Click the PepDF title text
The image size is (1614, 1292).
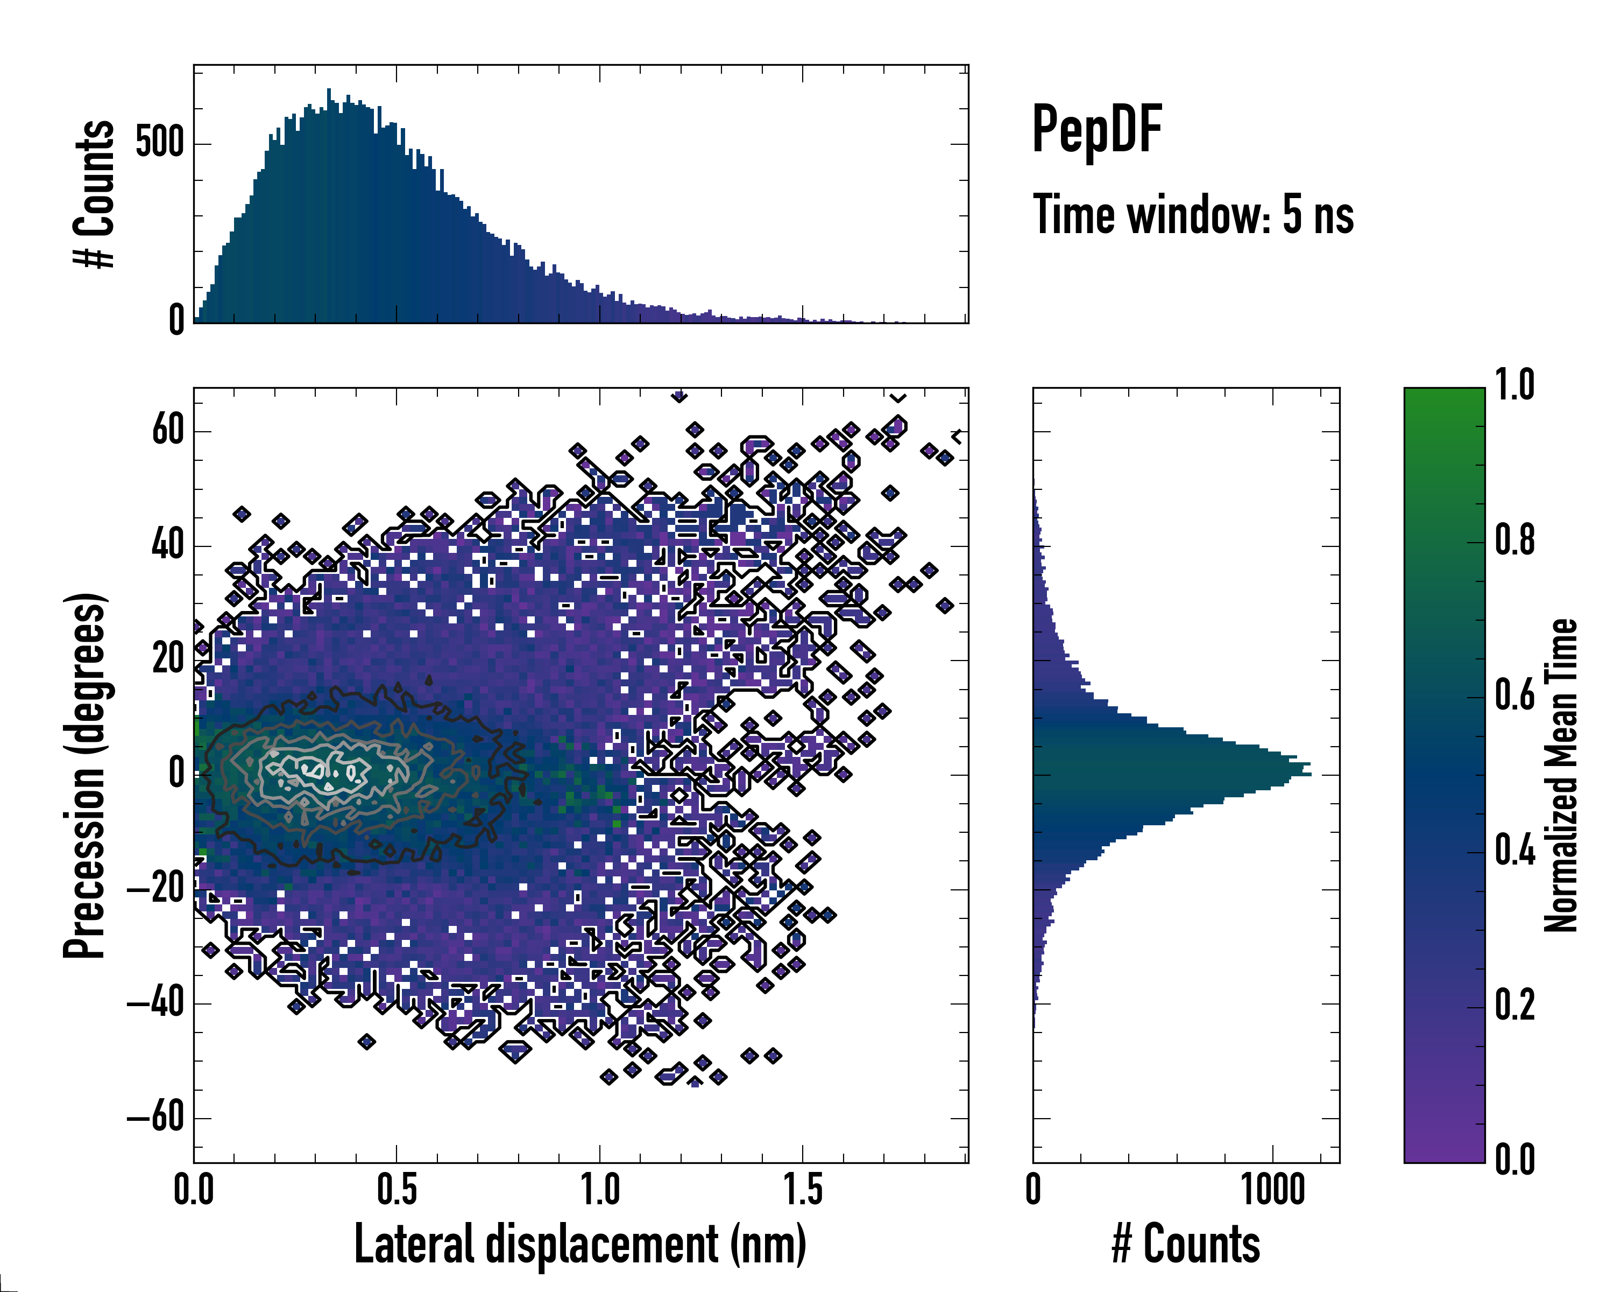(x=1096, y=130)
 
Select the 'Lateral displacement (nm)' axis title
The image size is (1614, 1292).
(x=580, y=1245)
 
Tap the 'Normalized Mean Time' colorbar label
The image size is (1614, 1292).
(x=1560, y=775)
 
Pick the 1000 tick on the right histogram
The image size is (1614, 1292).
(x=1272, y=1189)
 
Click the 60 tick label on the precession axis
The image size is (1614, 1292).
(x=168, y=431)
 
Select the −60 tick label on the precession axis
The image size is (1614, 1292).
(x=155, y=1118)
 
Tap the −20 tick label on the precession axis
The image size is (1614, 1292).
(x=155, y=889)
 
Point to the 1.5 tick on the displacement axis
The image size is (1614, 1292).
(x=803, y=1189)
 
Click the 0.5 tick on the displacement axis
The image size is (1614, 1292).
(x=397, y=1189)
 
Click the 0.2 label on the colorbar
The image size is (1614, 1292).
(x=1514, y=1005)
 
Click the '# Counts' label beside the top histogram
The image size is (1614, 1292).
(x=94, y=194)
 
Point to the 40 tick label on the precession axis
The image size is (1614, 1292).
(x=168, y=545)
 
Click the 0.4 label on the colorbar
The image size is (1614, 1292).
(x=1514, y=850)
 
